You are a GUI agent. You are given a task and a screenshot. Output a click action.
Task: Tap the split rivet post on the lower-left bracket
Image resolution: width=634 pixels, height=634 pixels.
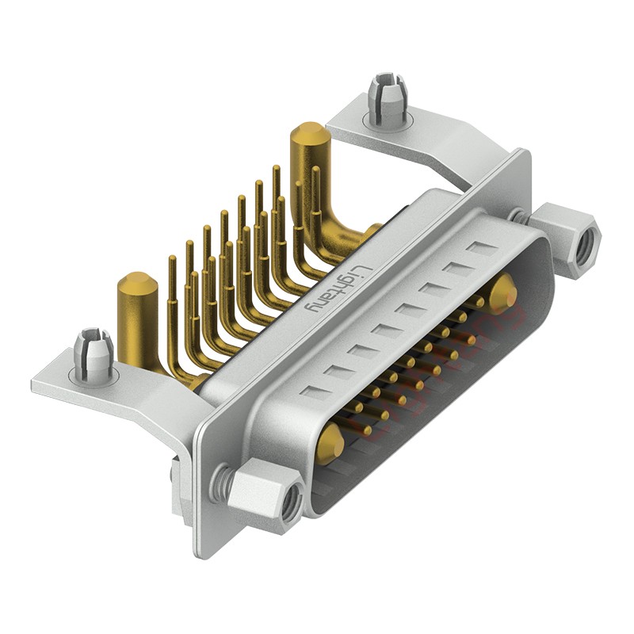click(94, 352)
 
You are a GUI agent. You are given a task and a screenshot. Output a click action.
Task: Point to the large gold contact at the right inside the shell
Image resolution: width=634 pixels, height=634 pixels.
click(502, 293)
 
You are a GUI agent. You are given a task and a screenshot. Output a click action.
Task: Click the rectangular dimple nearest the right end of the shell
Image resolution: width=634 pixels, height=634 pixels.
click(480, 249)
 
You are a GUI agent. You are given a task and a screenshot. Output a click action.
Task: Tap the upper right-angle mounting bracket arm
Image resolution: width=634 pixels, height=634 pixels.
click(444, 147)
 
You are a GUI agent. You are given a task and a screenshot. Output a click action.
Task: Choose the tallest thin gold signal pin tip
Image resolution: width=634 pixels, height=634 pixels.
click(277, 170)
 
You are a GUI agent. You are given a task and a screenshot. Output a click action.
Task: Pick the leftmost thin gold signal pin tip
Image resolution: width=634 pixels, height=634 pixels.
click(172, 260)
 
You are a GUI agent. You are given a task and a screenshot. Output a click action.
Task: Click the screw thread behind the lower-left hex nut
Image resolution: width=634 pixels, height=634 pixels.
click(227, 479)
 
